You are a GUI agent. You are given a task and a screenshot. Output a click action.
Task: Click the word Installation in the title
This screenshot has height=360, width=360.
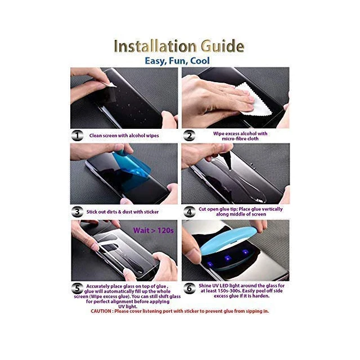pyautogui.click(x=155, y=46)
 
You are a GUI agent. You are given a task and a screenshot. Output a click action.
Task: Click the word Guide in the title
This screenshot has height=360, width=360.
pyautogui.click(x=223, y=46)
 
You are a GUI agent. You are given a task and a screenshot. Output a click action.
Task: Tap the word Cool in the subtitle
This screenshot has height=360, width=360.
pyautogui.click(x=200, y=61)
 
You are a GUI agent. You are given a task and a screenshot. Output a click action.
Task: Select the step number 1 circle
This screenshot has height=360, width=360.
pyautogui.click(x=78, y=136)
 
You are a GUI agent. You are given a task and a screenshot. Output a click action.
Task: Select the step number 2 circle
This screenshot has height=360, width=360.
pyautogui.click(x=189, y=136)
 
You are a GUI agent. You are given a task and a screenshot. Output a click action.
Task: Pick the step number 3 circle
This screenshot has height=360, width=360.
pyautogui.click(x=78, y=211)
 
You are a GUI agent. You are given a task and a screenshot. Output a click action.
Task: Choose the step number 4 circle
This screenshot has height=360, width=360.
pyautogui.click(x=189, y=211)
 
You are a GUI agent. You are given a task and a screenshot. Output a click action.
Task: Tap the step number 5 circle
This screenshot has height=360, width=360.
pyautogui.click(x=78, y=288)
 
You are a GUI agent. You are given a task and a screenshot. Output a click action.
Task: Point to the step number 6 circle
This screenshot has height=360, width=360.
pyautogui.click(x=189, y=288)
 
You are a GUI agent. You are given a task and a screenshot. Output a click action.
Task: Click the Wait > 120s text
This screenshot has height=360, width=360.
pyautogui.click(x=154, y=230)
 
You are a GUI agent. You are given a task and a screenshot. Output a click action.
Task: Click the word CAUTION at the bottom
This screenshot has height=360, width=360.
pyautogui.click(x=101, y=311)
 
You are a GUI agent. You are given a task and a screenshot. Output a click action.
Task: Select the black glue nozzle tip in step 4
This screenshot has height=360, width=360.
pyautogui.click(x=228, y=164)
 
